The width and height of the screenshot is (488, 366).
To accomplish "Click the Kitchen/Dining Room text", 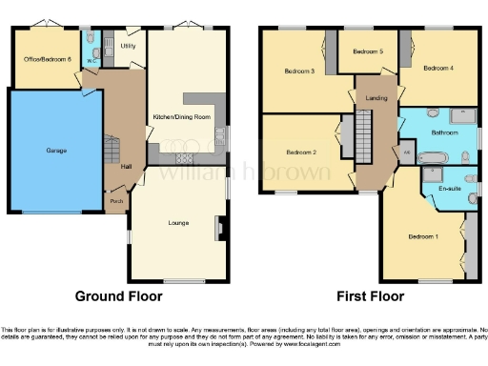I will coord(180,117).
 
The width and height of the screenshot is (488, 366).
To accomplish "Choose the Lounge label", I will coord(178,223).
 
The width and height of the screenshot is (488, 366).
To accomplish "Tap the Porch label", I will coord(117,201).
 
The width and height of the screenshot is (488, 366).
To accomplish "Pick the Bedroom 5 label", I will coord(368,51).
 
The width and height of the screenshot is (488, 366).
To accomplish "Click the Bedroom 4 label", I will coord(438,68).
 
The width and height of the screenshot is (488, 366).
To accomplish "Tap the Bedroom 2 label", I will coord(300,152).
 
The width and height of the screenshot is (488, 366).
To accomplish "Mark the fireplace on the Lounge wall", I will coord(220,228).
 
